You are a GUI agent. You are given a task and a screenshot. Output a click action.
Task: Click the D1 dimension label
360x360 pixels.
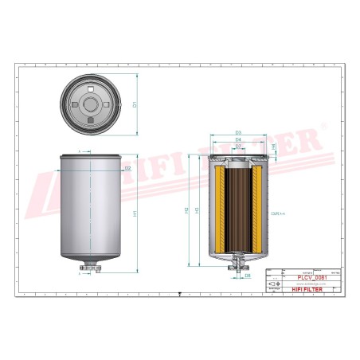click(x=135, y=104)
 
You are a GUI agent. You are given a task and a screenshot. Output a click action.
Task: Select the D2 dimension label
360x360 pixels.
click(x=127, y=168)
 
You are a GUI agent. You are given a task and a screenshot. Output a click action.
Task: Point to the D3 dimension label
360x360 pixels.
click(x=238, y=133)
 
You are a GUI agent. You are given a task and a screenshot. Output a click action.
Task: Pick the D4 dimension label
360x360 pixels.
click(x=238, y=140)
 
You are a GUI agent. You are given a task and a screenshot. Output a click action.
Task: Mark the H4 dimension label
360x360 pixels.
click(x=275, y=148)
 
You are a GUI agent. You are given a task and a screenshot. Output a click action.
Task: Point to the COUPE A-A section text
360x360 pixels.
click(x=278, y=213)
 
